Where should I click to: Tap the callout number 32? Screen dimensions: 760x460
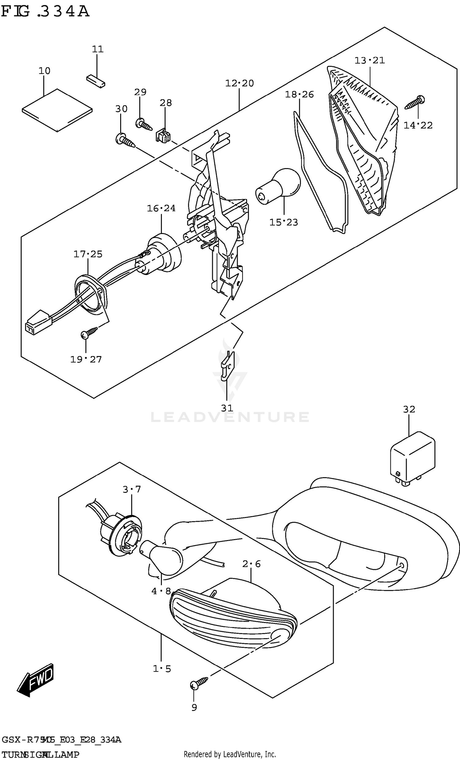[x=409, y=409]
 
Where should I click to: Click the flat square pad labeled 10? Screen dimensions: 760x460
[x=57, y=110]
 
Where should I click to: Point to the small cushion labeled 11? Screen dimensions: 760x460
[x=96, y=80]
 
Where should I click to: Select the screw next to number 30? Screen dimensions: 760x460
[x=125, y=141]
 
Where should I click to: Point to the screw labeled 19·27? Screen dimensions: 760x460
[x=89, y=333]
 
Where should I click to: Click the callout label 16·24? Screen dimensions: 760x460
[x=161, y=209]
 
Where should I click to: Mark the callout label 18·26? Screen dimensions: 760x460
[x=299, y=94]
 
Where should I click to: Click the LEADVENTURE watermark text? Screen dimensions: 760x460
[x=230, y=417]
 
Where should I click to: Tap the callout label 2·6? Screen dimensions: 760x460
[x=251, y=564]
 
